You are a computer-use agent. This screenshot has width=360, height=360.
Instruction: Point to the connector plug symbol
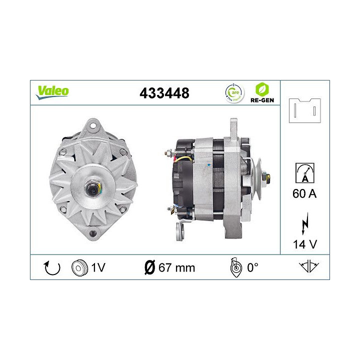(304, 110)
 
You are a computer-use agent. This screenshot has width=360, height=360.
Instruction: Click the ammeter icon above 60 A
(305, 172)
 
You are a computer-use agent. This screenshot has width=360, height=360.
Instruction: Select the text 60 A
(305, 193)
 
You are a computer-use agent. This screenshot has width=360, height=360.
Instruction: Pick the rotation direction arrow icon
(52, 267)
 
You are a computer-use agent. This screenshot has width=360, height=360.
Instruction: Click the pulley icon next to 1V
(79, 267)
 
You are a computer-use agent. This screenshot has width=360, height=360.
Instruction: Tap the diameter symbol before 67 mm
(148, 267)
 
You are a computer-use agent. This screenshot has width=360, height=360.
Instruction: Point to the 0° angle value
(252, 267)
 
